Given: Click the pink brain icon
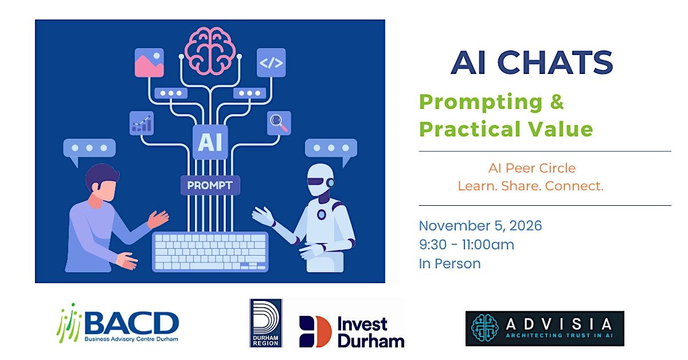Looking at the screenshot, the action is [x=210, y=50].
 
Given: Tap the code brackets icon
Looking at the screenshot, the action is [x=271, y=62].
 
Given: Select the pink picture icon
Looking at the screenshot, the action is [x=149, y=62].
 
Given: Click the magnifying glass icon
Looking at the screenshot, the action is [x=279, y=123].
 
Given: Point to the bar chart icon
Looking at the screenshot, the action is [x=142, y=123].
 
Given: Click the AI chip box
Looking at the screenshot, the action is [x=210, y=142].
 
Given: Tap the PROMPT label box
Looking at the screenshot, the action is [x=210, y=185].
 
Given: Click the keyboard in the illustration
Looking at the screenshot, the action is [x=210, y=252].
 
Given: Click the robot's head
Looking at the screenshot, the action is [x=320, y=179].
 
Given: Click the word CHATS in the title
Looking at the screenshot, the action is [x=556, y=62].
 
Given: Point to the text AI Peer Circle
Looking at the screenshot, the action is [x=532, y=169].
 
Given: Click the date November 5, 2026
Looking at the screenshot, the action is [x=480, y=226].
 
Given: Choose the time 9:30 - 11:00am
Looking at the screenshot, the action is [x=467, y=245].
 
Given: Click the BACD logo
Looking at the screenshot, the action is [x=118, y=323].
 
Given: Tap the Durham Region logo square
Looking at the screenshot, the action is [x=266, y=323].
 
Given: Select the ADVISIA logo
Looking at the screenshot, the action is [x=545, y=328].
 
